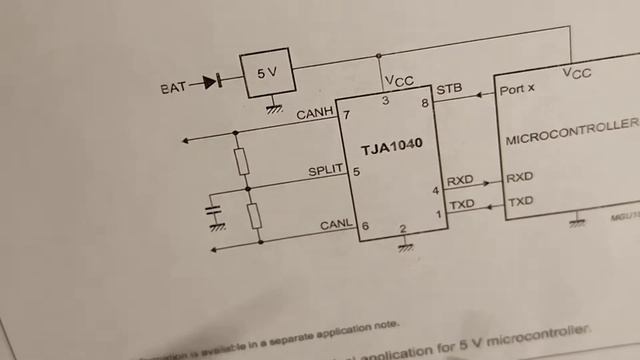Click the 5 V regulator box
click(266, 73)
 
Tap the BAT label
click(172, 88)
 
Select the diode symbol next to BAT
click(211, 82)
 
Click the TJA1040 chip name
click(392, 144)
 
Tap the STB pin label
click(449, 89)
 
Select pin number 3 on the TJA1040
click(385, 100)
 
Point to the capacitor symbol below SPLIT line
click(213, 211)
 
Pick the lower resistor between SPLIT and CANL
click(255, 215)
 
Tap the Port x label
click(517, 89)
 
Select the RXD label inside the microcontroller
click(520, 178)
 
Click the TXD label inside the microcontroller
click(520, 203)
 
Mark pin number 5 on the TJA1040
click(356, 171)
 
